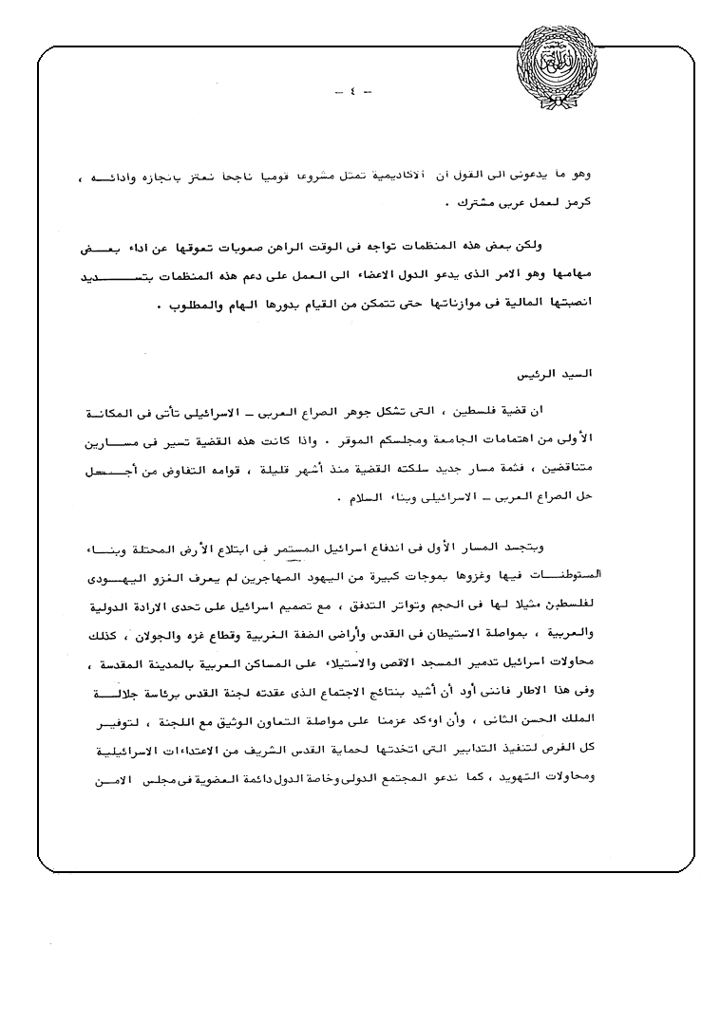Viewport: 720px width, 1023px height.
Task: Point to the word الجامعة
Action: coord(483,440)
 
